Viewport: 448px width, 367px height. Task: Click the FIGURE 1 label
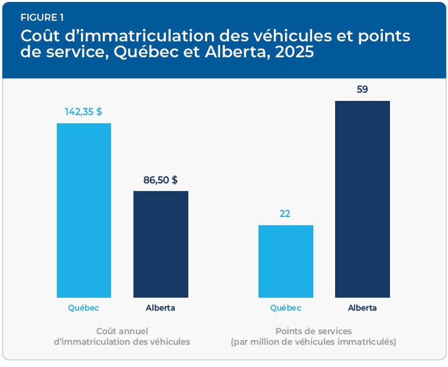pyautogui.click(x=42, y=18)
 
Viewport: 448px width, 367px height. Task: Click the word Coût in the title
pyautogui.click(x=37, y=36)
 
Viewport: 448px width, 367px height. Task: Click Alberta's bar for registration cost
pyautogui.click(x=161, y=244)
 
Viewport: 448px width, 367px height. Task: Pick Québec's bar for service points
pyautogui.click(x=286, y=261)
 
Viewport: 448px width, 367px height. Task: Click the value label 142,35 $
pyautogui.click(x=83, y=112)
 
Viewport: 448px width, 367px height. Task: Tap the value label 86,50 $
pyautogui.click(x=161, y=180)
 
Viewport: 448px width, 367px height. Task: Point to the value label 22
pyautogui.click(x=285, y=214)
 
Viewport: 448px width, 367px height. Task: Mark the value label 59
pyautogui.click(x=362, y=90)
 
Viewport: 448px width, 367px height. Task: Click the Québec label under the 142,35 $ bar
pyautogui.click(x=83, y=308)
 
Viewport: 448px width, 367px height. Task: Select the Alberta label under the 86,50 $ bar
pyautogui.click(x=161, y=308)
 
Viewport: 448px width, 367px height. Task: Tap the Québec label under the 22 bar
pyautogui.click(x=286, y=308)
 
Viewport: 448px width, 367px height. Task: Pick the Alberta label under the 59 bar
pyautogui.click(x=362, y=308)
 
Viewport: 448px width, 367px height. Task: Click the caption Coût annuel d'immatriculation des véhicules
pyautogui.click(x=122, y=336)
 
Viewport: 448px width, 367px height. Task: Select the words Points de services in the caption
pyautogui.click(x=314, y=331)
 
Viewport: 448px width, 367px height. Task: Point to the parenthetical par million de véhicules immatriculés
pyautogui.click(x=314, y=342)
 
